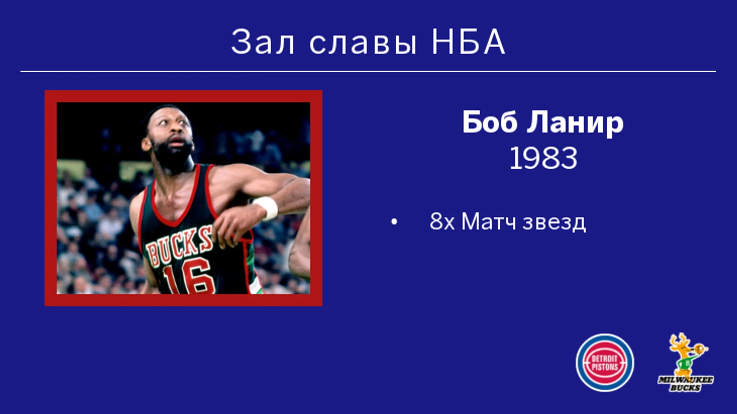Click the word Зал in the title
[262, 42]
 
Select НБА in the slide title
[468, 42]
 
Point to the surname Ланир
[575, 123]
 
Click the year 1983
[543, 159]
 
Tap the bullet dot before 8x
[394, 222]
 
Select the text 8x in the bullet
[442, 221]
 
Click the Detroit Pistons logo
[605, 363]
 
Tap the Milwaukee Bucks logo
[686, 362]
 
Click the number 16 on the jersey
[187, 277]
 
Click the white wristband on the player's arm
[267, 208]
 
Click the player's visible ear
[147, 144]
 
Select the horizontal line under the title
[368, 71]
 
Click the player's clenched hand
[232, 227]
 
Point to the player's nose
[177, 133]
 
